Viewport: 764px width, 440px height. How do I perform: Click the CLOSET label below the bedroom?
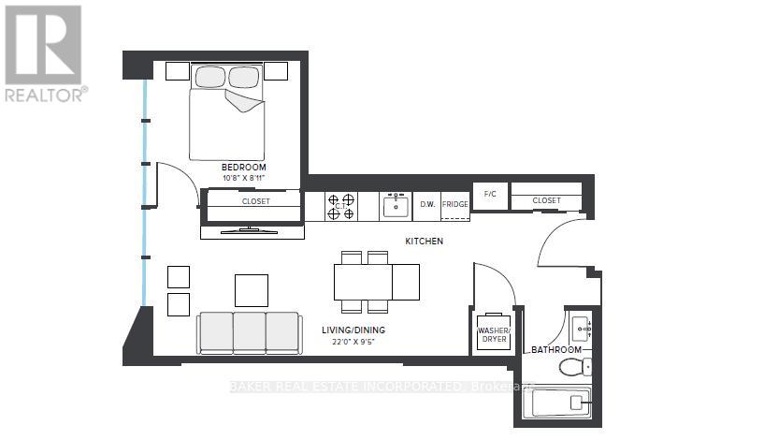(255, 200)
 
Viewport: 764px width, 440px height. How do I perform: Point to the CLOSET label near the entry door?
(546, 200)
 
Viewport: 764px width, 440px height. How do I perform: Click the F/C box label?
(489, 195)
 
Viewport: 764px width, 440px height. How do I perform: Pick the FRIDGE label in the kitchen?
(454, 204)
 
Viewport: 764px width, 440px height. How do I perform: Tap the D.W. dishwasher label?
(426, 204)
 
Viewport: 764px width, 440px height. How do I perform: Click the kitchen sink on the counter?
(395, 204)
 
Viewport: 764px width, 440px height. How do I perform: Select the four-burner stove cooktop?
(341, 206)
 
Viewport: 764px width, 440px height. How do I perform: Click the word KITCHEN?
(424, 242)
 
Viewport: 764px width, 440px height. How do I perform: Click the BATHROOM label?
(556, 349)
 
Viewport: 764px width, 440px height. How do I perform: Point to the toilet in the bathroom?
(574, 366)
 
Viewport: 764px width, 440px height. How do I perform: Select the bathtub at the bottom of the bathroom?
(556, 403)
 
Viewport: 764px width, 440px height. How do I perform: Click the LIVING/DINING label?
(353, 330)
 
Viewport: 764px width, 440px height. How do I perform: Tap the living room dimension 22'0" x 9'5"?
(353, 342)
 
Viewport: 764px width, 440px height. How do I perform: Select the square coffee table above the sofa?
(252, 289)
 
